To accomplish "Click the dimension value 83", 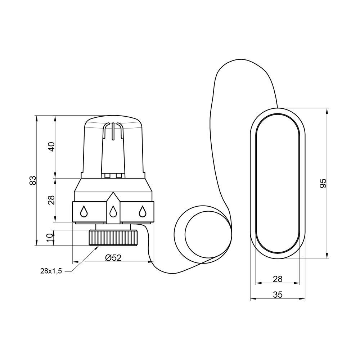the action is coord(33,180).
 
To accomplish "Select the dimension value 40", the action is coord(52,147).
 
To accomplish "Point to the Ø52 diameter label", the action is coord(113,258).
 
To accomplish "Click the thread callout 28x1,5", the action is coord(51,271).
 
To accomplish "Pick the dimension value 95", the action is coord(323,183).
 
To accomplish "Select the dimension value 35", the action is coord(278,294).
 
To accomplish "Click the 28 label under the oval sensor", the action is coord(278,279).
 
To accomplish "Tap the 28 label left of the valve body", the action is coord(52,200).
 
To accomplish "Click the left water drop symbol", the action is coord(84,211).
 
